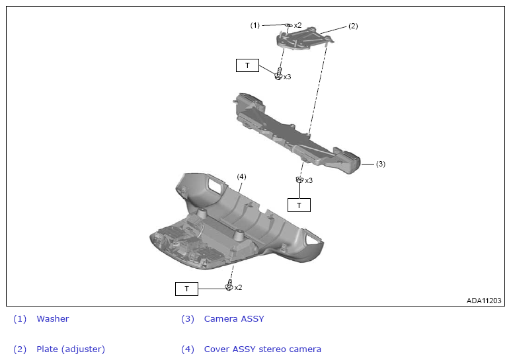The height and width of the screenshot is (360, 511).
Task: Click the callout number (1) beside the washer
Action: (x=255, y=25)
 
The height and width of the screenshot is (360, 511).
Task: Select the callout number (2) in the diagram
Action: (x=353, y=26)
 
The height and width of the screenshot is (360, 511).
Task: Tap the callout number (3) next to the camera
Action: (x=381, y=164)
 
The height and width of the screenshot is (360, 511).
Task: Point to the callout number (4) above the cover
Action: (x=241, y=177)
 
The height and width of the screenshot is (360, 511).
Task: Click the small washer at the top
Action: (x=288, y=24)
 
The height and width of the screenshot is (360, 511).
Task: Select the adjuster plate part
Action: (x=305, y=39)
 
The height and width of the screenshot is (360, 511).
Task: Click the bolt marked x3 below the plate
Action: (x=279, y=73)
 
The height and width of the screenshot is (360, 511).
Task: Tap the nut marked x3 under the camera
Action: (x=300, y=180)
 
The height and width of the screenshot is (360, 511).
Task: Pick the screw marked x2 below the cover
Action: (x=229, y=285)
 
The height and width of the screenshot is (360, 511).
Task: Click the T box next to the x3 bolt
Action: (x=247, y=65)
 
